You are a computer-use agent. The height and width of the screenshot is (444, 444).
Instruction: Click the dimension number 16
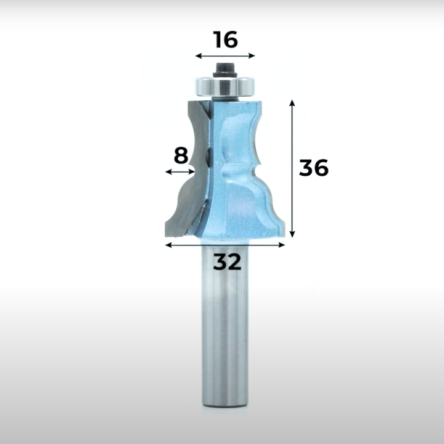(x=226, y=39)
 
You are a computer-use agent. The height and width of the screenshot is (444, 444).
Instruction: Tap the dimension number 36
(x=314, y=168)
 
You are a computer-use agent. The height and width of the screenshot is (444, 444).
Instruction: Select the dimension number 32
(x=227, y=261)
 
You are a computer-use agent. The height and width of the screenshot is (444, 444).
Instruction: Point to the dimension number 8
(x=181, y=155)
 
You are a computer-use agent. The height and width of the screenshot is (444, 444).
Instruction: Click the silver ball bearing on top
(x=225, y=87)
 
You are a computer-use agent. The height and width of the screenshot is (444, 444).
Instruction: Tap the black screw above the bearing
(x=225, y=70)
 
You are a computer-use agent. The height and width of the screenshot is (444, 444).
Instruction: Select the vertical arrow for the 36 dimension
(x=292, y=168)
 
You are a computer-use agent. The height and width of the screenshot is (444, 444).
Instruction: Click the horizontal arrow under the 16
(x=226, y=55)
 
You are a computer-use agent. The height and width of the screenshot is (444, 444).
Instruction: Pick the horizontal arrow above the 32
(x=225, y=245)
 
